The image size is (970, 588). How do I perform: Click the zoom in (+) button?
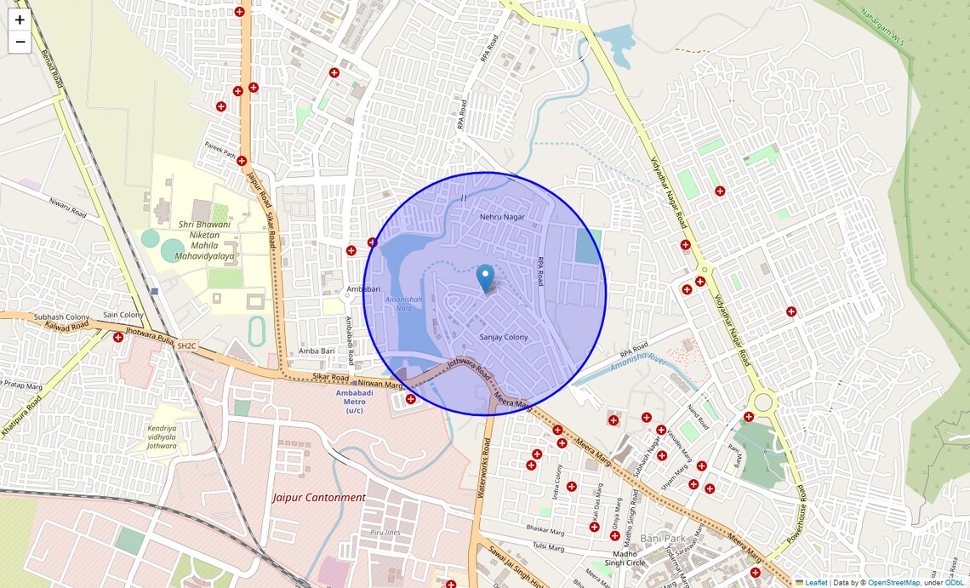point(20,20)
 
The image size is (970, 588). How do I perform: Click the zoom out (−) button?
point(20,42)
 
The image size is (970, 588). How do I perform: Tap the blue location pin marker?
point(486,277)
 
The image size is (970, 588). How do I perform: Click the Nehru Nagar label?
point(503,217)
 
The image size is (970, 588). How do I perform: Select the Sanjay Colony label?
point(504,337)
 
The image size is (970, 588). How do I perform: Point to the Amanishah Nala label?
point(403,304)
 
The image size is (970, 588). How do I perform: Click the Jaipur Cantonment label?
point(319,497)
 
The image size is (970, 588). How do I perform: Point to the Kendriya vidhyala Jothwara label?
point(162,436)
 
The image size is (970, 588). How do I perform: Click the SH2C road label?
point(186,345)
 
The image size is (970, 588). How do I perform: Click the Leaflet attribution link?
point(815,583)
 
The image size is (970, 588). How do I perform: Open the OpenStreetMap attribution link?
point(893,583)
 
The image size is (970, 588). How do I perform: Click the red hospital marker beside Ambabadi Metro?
point(411,398)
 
